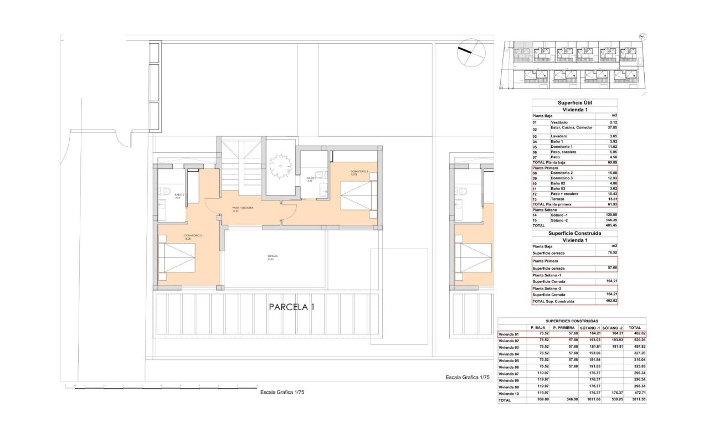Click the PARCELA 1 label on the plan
click(x=291, y=307)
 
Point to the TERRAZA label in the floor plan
click(x=271, y=257)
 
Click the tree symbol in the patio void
click(x=280, y=164)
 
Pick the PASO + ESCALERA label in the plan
click(x=243, y=209)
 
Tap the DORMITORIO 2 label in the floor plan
click(x=193, y=236)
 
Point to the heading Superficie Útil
click(x=574, y=103)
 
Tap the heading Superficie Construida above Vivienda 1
click(x=574, y=234)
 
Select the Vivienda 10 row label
click(x=508, y=393)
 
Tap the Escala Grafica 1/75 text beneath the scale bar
click(x=282, y=392)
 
